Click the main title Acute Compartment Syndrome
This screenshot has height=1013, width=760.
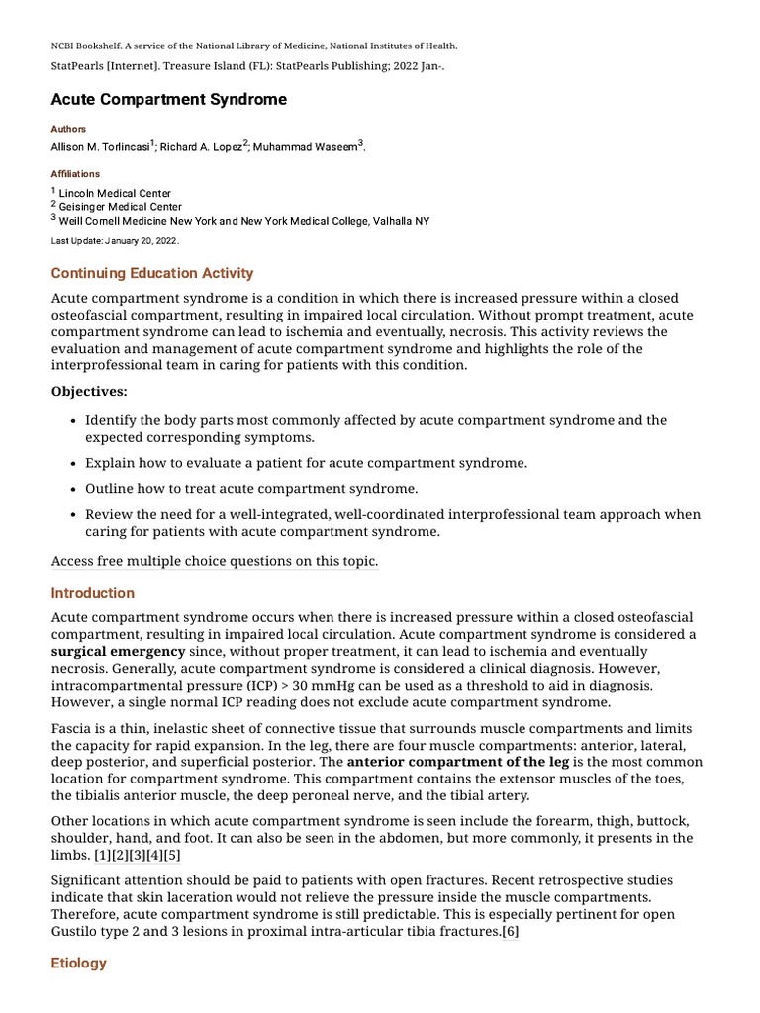click(x=168, y=100)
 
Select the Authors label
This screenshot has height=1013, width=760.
click(x=68, y=129)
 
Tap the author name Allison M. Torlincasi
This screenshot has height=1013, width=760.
click(x=100, y=147)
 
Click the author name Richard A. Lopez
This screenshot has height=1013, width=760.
click(x=201, y=147)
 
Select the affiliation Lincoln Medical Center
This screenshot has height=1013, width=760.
click(x=115, y=193)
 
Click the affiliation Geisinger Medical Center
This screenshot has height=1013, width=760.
click(x=120, y=207)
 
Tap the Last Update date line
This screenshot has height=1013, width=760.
click(x=115, y=240)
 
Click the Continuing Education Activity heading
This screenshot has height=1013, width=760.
click(x=152, y=273)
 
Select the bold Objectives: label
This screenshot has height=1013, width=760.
click(x=89, y=392)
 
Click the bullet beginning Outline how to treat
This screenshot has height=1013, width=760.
click(x=251, y=489)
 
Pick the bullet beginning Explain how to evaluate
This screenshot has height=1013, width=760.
click(x=306, y=463)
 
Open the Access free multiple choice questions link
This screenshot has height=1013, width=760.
click(x=215, y=561)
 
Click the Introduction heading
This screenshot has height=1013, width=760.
click(x=93, y=593)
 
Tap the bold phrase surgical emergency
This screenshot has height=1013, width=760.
click(x=118, y=652)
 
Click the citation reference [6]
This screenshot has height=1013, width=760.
click(x=511, y=932)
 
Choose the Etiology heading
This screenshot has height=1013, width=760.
click(x=79, y=963)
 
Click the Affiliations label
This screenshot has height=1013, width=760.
click(x=75, y=174)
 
